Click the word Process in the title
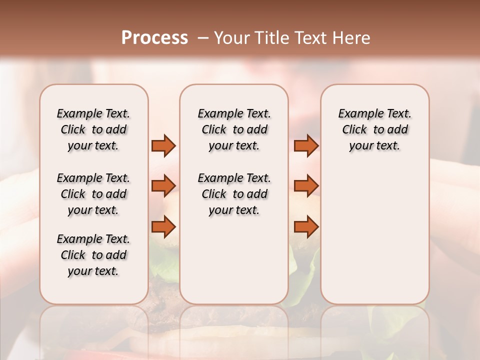[x=154, y=38]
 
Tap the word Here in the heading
[x=352, y=38]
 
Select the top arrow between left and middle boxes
[x=163, y=146]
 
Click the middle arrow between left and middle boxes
[x=163, y=186]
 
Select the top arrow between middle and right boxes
[x=306, y=146]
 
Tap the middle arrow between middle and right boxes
[x=306, y=186]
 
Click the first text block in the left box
[x=93, y=129]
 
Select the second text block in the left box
[x=93, y=194]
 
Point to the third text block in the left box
[x=93, y=255]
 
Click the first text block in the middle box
[x=234, y=129]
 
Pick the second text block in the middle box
[x=234, y=194]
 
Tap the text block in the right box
[x=374, y=129]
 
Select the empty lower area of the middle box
[x=234, y=260]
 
